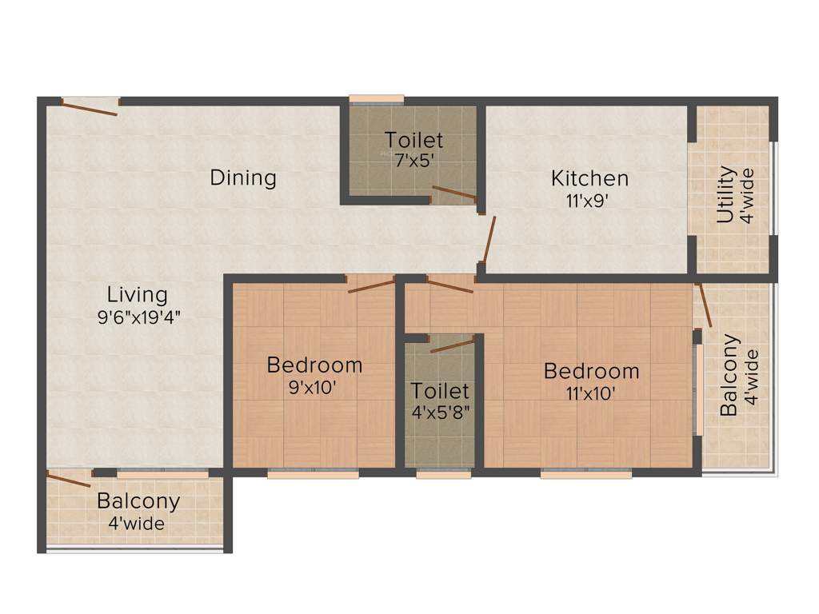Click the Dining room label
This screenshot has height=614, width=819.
(243, 177)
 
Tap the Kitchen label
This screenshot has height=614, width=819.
(589, 178)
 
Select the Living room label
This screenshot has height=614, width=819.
(138, 295)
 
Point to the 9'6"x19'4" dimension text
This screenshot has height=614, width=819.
(138, 316)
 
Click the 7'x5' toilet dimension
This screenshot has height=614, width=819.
(413, 160)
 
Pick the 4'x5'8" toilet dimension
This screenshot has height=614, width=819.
(440, 414)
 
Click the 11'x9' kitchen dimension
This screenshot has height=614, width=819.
(589, 201)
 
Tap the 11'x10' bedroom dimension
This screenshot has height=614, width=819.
(591, 393)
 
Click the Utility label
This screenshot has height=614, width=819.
(725, 194)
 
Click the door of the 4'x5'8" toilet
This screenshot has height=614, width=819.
(453, 345)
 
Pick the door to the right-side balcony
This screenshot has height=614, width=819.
(703, 305)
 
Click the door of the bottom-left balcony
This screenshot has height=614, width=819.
(69, 480)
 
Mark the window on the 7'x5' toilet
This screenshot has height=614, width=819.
(377, 99)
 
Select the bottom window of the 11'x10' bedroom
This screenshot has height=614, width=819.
(586, 473)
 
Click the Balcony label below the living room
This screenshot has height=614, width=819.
(138, 502)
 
